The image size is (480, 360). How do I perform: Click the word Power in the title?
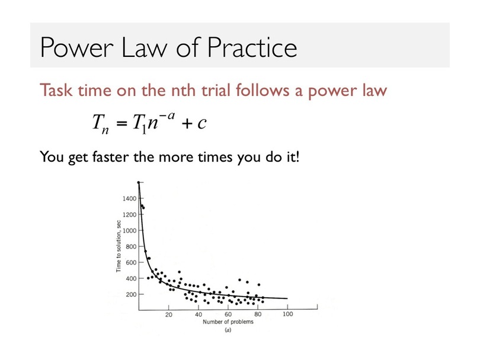[77, 47]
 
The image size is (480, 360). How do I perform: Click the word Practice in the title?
[252, 47]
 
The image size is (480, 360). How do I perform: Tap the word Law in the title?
[145, 47]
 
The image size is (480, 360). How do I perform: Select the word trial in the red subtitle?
[216, 90]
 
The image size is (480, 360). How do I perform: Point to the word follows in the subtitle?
[263, 90]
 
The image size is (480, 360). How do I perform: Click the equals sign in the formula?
[121, 123]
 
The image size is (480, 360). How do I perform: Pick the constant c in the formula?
[201, 123]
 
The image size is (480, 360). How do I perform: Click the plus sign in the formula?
[187, 124]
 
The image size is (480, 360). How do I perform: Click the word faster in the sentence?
[110, 157]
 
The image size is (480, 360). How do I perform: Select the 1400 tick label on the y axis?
[129, 198]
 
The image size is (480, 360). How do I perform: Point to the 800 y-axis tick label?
[131, 246]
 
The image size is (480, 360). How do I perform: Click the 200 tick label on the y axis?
[131, 294]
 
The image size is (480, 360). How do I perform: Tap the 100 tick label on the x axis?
[288, 314]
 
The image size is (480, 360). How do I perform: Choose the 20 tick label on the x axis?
[169, 314]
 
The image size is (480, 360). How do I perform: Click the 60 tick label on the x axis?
[228, 314]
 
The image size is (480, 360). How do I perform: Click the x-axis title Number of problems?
[228, 322]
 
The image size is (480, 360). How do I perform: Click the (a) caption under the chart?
[228, 330]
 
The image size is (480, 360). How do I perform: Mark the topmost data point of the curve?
[139, 182]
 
